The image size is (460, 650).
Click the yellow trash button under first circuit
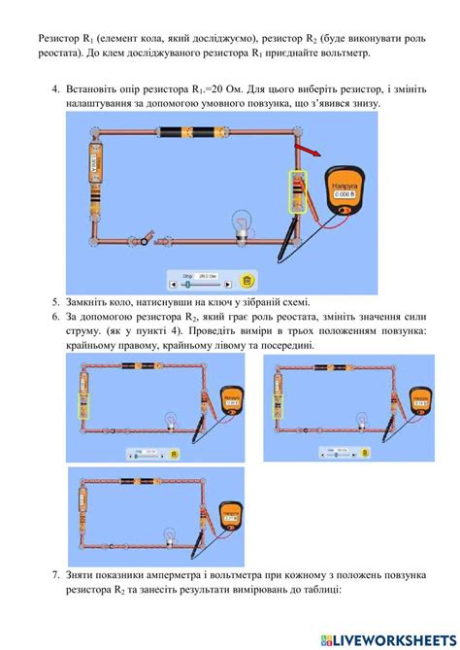click(x=247, y=282)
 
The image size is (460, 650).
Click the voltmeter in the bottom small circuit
click(x=229, y=516)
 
